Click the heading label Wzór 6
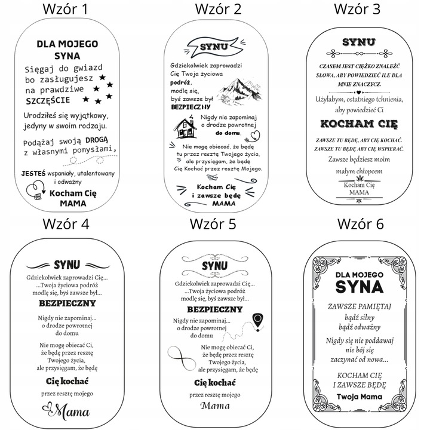tap(360, 224)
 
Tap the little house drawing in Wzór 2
tap(186, 125)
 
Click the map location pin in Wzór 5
tap(259, 320)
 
